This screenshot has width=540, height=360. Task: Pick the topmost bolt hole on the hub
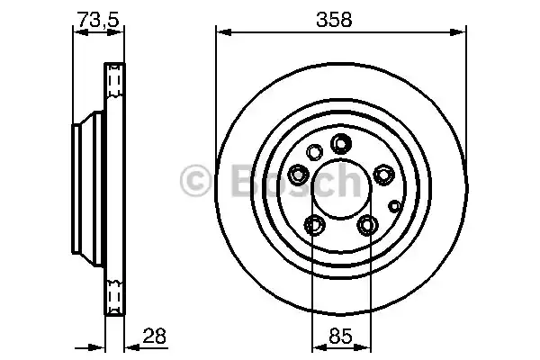point(340,142)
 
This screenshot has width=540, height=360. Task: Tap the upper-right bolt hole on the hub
point(382,173)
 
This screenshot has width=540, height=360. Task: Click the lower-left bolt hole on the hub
point(313,223)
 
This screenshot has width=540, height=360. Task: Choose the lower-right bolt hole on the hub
point(366,223)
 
